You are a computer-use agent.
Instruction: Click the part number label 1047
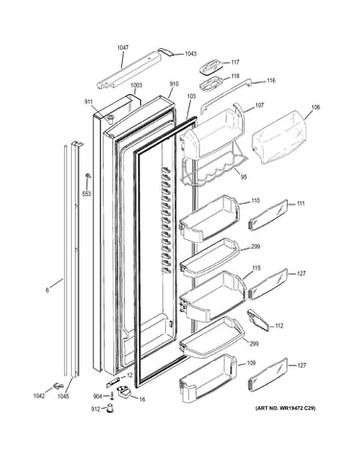pyautogui.click(x=123, y=48)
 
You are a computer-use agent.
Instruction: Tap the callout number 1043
pyautogui.click(x=190, y=54)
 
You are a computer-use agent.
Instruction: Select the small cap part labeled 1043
pyautogui.click(x=166, y=52)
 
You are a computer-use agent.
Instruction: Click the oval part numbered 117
pyautogui.click(x=210, y=67)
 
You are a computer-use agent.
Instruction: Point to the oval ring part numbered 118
pyautogui.click(x=210, y=83)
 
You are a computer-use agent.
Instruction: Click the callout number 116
pyautogui.click(x=271, y=81)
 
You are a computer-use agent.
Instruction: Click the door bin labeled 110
pyautogui.click(x=209, y=219)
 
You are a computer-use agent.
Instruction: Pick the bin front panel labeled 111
pyautogui.click(x=268, y=215)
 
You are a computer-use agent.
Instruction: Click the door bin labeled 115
pyautogui.click(x=212, y=296)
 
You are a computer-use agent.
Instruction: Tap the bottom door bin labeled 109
pyautogui.click(x=208, y=377)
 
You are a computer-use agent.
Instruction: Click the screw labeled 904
pyautogui.click(x=112, y=396)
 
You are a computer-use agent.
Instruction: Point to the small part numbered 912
pyautogui.click(x=110, y=409)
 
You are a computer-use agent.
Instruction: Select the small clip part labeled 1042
pyautogui.click(x=58, y=386)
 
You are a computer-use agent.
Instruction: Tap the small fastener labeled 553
pyautogui.click(x=87, y=177)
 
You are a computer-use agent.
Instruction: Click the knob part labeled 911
pyautogui.click(x=110, y=119)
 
